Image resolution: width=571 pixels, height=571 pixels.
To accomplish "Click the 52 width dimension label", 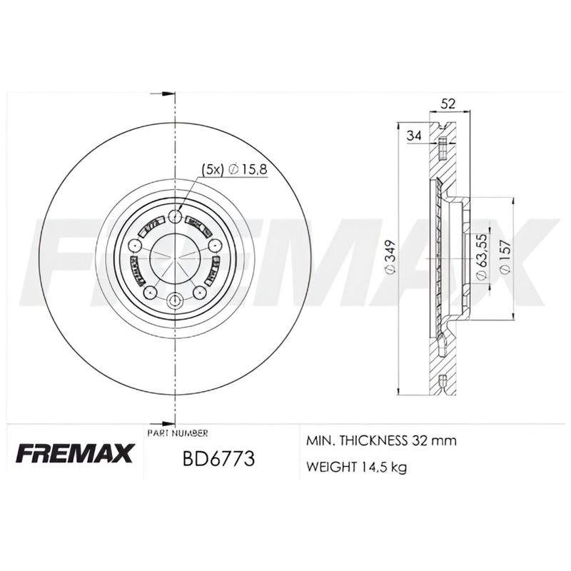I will coord(448,103).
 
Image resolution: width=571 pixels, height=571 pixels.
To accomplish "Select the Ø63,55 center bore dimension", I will coord(482,256).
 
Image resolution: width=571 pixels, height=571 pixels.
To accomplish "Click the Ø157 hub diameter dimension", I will coord(505,258).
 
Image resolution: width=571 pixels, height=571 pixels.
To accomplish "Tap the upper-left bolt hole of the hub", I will coord(135,246).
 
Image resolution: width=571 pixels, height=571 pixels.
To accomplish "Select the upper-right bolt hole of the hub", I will coord(214,246).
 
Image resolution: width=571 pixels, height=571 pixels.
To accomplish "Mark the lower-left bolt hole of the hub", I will coord(150,292).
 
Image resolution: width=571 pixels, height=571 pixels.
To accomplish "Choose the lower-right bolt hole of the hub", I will coord(199,292).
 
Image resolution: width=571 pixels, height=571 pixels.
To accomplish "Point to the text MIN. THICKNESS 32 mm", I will coord(380,441).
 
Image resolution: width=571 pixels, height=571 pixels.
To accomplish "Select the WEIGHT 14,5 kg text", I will coord(358,468).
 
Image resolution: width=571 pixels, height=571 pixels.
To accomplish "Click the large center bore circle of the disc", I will coord(175,257).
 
